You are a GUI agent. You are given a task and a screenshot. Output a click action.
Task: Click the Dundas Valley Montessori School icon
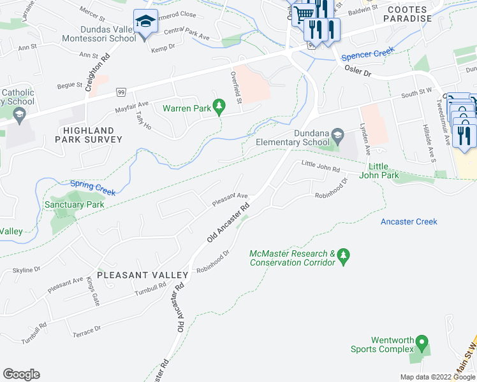146,21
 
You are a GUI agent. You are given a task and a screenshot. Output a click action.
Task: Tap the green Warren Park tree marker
219,106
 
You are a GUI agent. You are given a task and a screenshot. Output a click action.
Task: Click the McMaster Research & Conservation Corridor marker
344,255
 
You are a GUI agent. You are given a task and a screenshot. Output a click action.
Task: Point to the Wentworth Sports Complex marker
422,344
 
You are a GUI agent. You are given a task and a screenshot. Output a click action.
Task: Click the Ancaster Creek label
409,222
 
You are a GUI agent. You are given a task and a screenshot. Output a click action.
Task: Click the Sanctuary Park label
74,205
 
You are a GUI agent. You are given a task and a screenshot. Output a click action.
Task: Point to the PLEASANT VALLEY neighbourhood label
143,275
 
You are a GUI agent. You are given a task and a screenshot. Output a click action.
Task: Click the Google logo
21,374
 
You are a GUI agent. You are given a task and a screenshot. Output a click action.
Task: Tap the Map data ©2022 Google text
437,377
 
